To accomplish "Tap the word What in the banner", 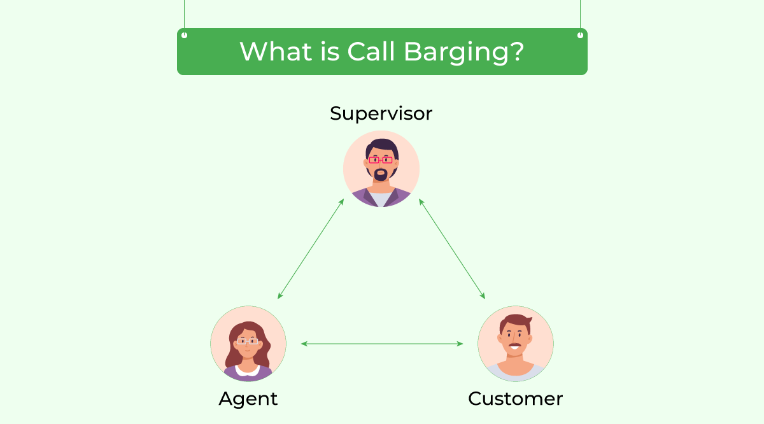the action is pos(276,51).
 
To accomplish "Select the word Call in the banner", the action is pos(371,51).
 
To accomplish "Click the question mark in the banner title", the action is pos(516,51).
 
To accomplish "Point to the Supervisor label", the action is pos(381,114).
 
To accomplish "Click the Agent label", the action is pos(248,399).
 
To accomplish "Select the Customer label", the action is pos(515,399).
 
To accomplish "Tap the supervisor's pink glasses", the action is pos(381,160).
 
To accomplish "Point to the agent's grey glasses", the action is pos(248,341).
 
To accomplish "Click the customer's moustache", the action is pos(515,345).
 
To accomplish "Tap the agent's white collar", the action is pos(248,371).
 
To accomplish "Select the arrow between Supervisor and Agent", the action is pos(311,249).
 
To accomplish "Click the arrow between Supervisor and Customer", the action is pos(452,249).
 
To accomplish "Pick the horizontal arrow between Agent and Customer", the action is pos(382,344).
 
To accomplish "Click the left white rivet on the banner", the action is pos(184,35).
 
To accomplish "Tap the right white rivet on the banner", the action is pos(580,35).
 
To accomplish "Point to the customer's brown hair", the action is pos(515,322).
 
